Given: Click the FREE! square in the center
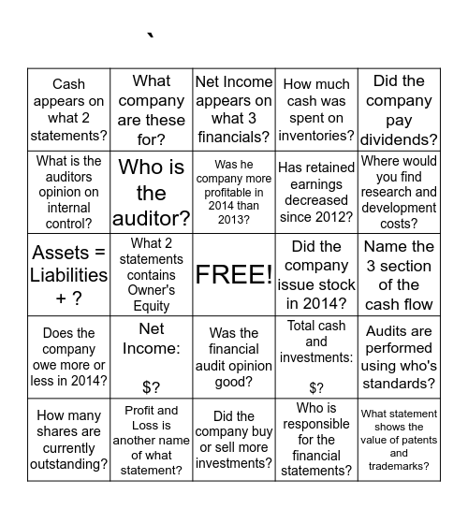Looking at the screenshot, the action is click(x=234, y=274).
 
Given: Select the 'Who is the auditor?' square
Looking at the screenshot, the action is click(x=151, y=192).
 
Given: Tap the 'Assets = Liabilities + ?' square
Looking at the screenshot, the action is click(x=68, y=274).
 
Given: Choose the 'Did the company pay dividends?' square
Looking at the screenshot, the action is click(x=399, y=109).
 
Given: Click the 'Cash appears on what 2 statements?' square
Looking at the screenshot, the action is click(x=68, y=109).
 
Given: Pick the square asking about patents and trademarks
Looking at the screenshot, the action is click(x=399, y=440).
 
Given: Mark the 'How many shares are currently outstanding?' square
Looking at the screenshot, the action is click(x=68, y=440).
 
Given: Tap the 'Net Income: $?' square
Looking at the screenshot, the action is click(x=151, y=357).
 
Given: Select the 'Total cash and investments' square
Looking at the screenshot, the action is click(x=316, y=357).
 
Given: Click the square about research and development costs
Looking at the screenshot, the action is click(x=399, y=192).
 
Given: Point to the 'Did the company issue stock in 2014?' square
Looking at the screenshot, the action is click(x=316, y=274).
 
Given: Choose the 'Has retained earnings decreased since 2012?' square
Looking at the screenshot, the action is click(x=316, y=192).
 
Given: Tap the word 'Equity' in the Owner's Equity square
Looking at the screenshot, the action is click(x=152, y=305).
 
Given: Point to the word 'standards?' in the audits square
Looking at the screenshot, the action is click(x=399, y=383).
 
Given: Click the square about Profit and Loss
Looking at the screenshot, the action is click(x=151, y=440).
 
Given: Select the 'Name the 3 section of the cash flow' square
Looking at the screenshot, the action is click(x=399, y=274).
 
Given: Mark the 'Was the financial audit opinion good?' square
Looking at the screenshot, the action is click(x=234, y=357).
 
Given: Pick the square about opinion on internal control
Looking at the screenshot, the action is click(x=68, y=192).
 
